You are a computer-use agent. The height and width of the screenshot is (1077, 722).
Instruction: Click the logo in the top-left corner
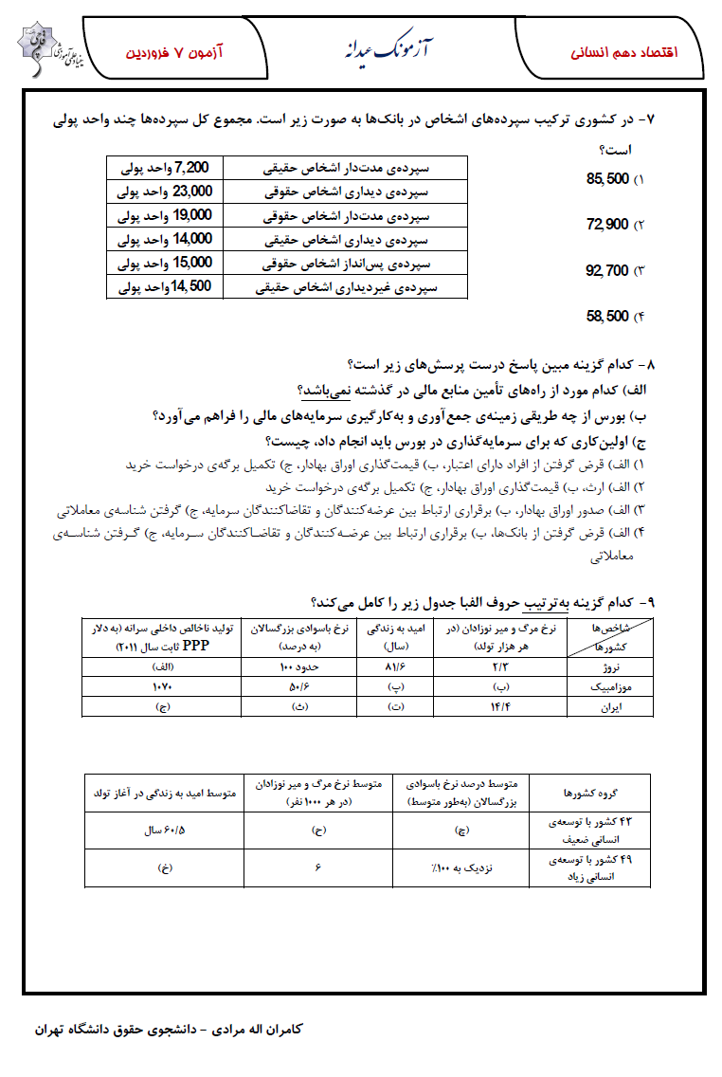coord(45,46)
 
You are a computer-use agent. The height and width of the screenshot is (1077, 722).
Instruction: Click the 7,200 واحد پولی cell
coord(165,168)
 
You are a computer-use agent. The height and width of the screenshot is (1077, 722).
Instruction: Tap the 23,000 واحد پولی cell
coord(165,192)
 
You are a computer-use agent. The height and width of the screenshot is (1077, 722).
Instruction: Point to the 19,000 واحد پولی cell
coord(165,215)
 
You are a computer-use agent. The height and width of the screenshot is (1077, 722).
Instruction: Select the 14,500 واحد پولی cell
coord(165,285)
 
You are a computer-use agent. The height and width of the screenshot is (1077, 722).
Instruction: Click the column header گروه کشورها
coord(589,791)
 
